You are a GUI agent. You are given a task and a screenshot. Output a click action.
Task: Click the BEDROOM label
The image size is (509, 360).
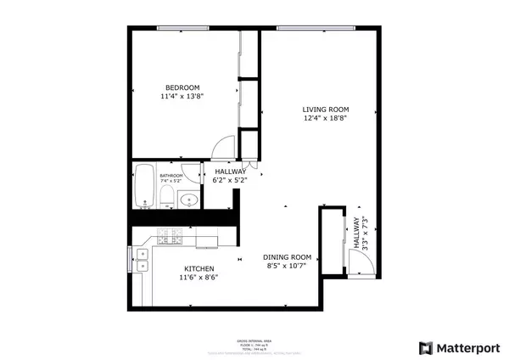pyautogui.click(x=182, y=87)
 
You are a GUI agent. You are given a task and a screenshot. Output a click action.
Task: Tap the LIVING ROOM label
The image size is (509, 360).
pyautogui.click(x=326, y=110)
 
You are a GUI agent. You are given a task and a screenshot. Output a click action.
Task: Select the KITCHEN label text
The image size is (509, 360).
pyautogui.click(x=193, y=268)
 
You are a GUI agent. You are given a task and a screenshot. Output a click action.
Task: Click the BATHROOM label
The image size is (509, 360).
pyautogui.click(x=171, y=175)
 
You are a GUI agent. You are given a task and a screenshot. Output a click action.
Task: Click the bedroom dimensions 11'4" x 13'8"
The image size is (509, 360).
pyautogui.click(x=182, y=97)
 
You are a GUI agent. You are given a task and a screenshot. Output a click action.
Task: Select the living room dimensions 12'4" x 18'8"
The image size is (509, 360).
pyautogui.click(x=326, y=119)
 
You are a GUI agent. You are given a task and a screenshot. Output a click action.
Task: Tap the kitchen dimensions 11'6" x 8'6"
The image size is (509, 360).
pyautogui.click(x=193, y=278)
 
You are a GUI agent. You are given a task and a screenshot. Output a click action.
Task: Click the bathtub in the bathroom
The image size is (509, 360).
pyautogui.click(x=143, y=185)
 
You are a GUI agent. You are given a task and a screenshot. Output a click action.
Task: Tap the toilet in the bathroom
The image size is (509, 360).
pyautogui.click(x=167, y=199)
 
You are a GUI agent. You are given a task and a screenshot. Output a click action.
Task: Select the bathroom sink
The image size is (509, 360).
pyautogui.click(x=190, y=200)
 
